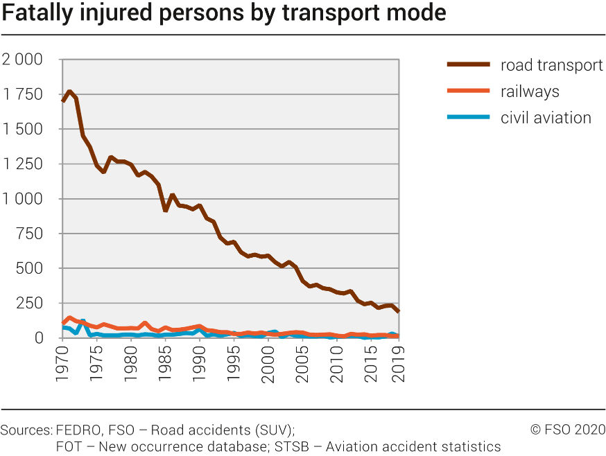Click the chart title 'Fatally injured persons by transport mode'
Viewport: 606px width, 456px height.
point(223,14)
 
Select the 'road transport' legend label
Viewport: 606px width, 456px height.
point(551,66)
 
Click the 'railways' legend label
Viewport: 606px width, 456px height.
point(530,91)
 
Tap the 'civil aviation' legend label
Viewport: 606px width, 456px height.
point(546,118)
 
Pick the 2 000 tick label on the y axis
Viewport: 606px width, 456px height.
point(22,60)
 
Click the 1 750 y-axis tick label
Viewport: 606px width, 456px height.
point(22,94)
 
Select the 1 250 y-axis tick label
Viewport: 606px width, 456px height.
point(22,164)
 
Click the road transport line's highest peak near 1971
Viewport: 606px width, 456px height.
point(69,91)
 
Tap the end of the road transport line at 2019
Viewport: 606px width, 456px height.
point(398,311)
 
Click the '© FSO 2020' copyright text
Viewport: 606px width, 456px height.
point(568,430)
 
